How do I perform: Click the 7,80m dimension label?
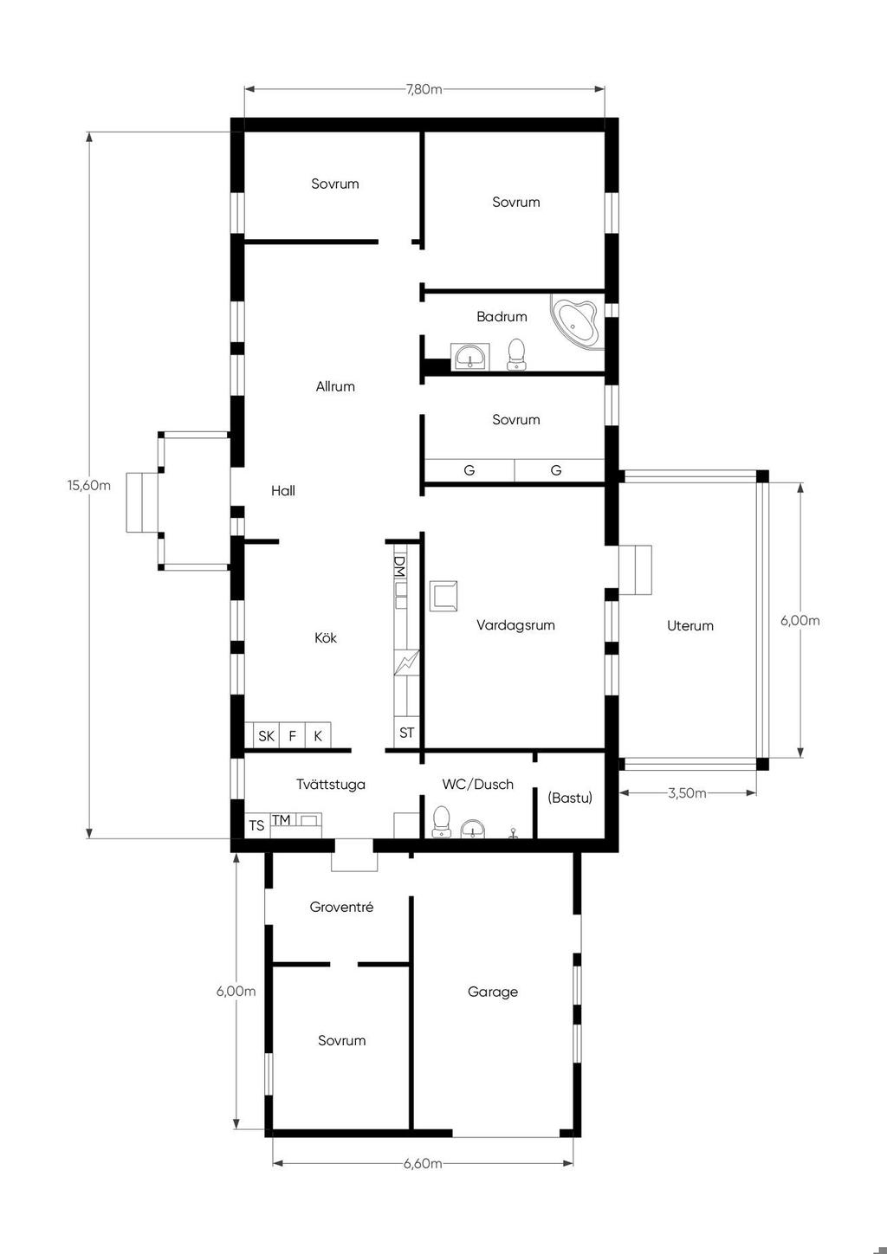click(424, 89)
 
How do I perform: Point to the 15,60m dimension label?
click(89, 485)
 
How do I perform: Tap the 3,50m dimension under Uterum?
click(687, 792)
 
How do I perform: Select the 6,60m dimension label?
click(423, 1163)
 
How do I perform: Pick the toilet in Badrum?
click(516, 354)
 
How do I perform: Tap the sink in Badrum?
click(470, 357)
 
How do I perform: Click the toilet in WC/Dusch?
click(442, 821)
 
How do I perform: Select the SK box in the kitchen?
click(266, 735)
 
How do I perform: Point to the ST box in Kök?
click(406, 733)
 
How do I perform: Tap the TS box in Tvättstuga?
click(257, 825)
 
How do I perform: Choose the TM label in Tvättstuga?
click(282, 820)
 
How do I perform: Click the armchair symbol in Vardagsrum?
click(443, 596)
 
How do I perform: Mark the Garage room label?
click(493, 992)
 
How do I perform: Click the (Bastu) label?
click(569, 798)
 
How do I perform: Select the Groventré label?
click(341, 907)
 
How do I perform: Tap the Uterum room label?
click(690, 625)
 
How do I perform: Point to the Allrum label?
click(335, 386)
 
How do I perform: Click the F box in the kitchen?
click(292, 735)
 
